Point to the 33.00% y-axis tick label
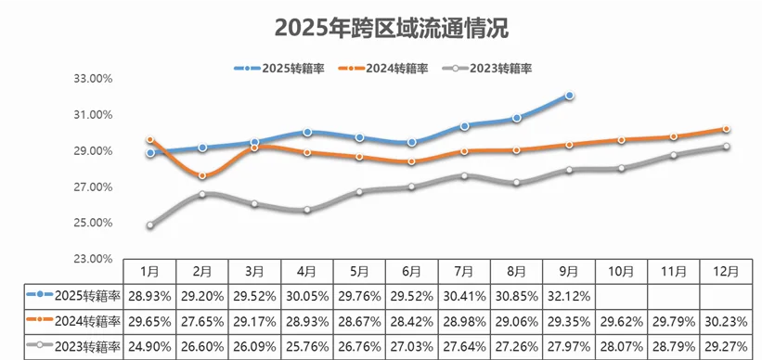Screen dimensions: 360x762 coord(92,79)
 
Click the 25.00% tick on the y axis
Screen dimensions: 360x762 coord(92,224)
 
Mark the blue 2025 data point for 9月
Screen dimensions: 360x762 coord(569,96)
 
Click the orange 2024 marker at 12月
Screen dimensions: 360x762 coord(726,129)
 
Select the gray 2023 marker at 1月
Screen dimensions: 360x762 coord(150,225)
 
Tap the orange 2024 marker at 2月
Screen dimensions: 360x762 coord(202,175)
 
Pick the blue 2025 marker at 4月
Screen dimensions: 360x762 coord(307,132)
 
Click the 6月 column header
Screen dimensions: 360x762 coord(411,271)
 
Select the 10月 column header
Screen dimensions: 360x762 coord(621,271)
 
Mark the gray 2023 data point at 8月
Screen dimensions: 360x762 coord(517,183)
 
